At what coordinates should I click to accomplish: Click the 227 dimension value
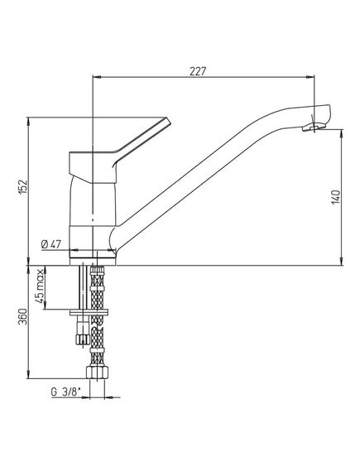pos(198,71)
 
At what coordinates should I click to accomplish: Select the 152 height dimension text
pos(23,187)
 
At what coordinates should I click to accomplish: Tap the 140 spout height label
pos(336,197)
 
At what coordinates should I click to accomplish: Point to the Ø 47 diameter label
pos(50,244)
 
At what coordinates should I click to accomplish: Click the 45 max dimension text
pos(40,286)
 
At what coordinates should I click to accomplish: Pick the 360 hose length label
pos(23,316)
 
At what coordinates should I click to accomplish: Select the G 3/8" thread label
pos(66,392)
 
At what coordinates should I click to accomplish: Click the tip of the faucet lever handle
pos(167,120)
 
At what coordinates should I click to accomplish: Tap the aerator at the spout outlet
pos(313,127)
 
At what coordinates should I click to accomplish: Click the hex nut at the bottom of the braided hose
pos(97,372)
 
